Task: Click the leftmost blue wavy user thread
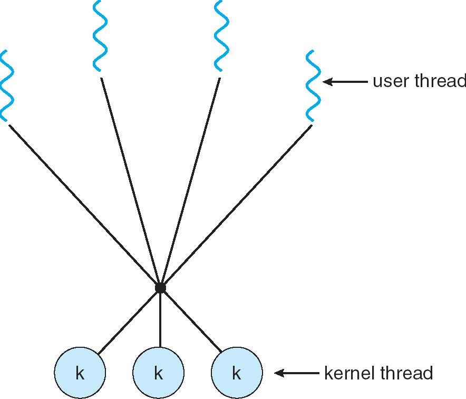click(5, 86)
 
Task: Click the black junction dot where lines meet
click(160, 288)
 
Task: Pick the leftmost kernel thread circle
click(80, 373)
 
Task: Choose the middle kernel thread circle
click(159, 373)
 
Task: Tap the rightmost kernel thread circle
click(237, 373)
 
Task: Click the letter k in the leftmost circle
click(80, 374)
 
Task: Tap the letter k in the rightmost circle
click(237, 374)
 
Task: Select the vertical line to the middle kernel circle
click(160, 322)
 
